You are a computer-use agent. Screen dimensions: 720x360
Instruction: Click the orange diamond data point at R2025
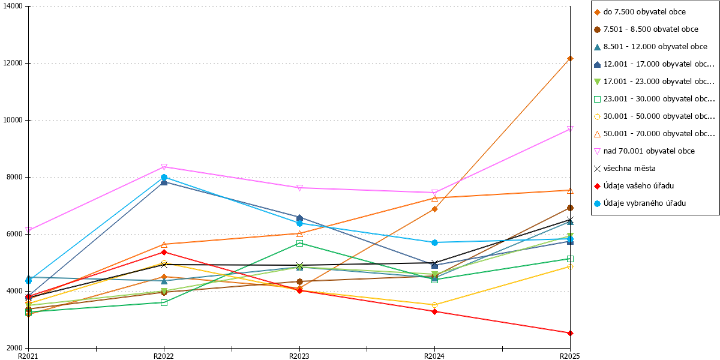tap(570, 59)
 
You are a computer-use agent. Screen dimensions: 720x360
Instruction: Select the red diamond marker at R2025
tap(570, 334)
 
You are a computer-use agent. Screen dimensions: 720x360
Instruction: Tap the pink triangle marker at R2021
tap(28, 230)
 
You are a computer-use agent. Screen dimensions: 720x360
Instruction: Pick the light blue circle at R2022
tap(164, 177)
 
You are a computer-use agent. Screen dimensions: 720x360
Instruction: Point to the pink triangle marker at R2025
tap(570, 129)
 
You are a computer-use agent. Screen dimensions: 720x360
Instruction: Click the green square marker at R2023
tap(299, 244)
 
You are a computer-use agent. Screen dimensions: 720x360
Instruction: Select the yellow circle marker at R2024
tap(434, 305)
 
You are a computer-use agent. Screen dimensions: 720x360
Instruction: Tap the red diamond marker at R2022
tap(164, 253)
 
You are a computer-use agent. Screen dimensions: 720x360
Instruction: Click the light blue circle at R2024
tap(434, 242)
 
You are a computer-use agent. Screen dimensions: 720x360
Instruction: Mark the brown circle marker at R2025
tap(570, 208)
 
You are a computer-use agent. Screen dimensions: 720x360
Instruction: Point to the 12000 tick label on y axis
tap(13, 63)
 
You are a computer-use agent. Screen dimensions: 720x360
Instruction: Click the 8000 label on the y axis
tap(15, 177)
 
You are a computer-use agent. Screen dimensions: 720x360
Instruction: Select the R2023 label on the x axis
tap(299, 356)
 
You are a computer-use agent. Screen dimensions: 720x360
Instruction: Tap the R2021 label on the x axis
tap(28, 356)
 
